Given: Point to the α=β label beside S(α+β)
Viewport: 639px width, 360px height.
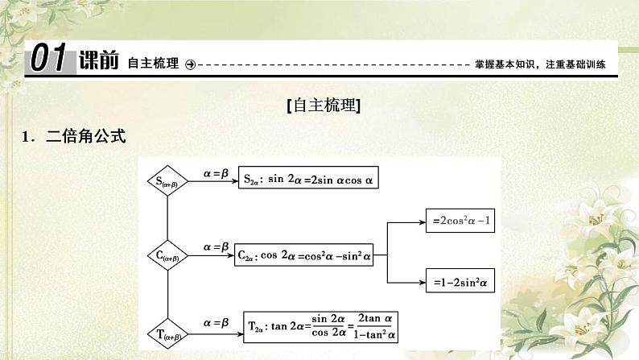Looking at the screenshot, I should coord(216,172).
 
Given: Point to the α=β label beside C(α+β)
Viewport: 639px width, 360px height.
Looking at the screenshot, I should coord(216,245).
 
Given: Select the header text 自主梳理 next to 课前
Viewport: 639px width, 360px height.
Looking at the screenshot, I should coord(153,63).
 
